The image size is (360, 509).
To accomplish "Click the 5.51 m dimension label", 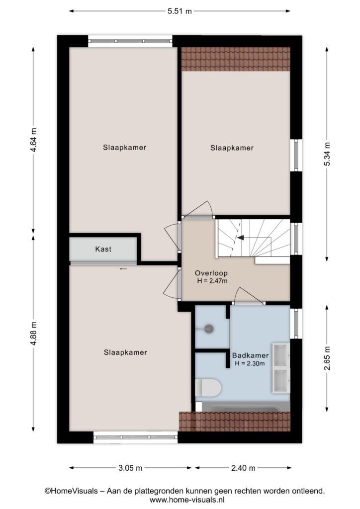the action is (x=180, y=11).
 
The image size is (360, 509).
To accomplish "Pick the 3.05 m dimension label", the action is (x=130, y=468).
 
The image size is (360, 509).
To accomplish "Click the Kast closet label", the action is (x=103, y=249).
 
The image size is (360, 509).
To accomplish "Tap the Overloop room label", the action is (x=211, y=273).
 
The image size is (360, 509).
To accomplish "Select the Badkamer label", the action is (x=250, y=355).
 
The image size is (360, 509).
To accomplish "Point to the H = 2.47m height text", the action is (x=212, y=281).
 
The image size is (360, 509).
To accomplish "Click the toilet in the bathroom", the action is (x=208, y=388).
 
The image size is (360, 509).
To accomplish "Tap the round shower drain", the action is (x=209, y=329).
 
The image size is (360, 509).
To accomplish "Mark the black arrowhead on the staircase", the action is (x=241, y=238).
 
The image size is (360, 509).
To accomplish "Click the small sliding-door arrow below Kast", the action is (x=123, y=269).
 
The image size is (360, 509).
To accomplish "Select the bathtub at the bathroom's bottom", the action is (x=243, y=407).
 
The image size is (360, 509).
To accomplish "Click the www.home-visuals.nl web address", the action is (x=187, y=500).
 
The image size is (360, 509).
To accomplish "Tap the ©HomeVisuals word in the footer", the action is (x=71, y=491).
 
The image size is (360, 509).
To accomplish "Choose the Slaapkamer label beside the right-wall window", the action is (x=232, y=148).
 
